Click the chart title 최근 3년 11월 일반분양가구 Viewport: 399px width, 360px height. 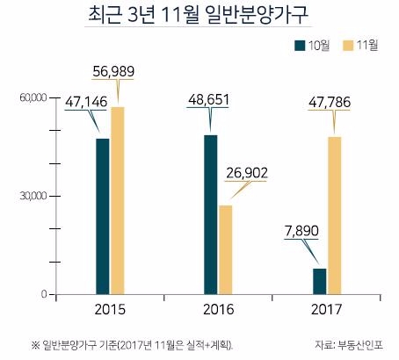pyautogui.click(x=199, y=17)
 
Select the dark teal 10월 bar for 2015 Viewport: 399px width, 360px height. pyautogui.click(x=103, y=216)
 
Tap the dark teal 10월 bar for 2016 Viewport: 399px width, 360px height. pyautogui.click(x=211, y=214)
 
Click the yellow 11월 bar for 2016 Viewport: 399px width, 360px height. pyautogui.click(x=226, y=249)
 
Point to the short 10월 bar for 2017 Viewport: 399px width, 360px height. pyautogui.click(x=319, y=281)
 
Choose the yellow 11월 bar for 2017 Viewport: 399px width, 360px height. pyautogui.click(x=334, y=215)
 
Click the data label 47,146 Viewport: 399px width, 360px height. pyautogui.click(x=86, y=103)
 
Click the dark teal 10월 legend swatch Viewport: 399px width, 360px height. pyautogui.click(x=300, y=46)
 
